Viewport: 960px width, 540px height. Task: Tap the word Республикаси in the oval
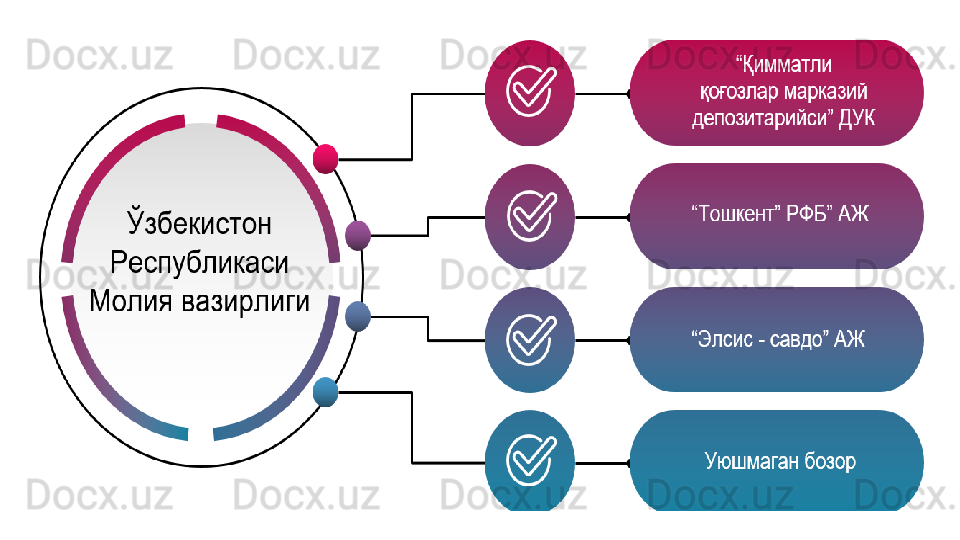tap(200, 263)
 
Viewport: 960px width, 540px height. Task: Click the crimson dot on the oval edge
tap(326, 159)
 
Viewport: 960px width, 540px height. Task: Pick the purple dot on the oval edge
tap(358, 235)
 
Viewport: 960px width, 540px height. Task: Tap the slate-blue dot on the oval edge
tap(358, 317)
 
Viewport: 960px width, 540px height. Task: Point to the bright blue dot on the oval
tap(326, 392)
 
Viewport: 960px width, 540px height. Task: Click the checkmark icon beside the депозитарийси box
tap(529, 91)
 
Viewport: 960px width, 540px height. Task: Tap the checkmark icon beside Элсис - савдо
tap(529, 340)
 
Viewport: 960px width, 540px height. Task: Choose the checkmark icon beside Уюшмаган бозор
tap(529, 463)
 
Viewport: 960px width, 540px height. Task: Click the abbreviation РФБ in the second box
tap(811, 213)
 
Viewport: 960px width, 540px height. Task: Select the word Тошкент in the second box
tap(736, 213)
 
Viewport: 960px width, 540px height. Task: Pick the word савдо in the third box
tap(797, 339)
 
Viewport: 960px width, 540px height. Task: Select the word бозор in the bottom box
tap(829, 463)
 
